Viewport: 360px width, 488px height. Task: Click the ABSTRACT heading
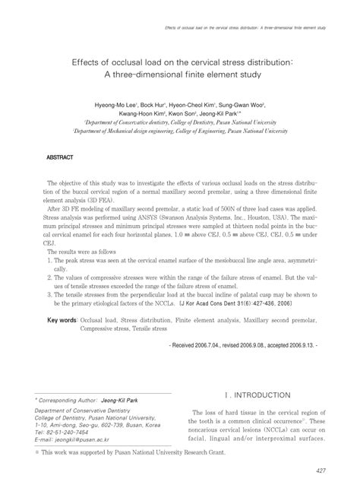tap(60, 159)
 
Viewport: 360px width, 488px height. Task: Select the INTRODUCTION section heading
tap(260, 395)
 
